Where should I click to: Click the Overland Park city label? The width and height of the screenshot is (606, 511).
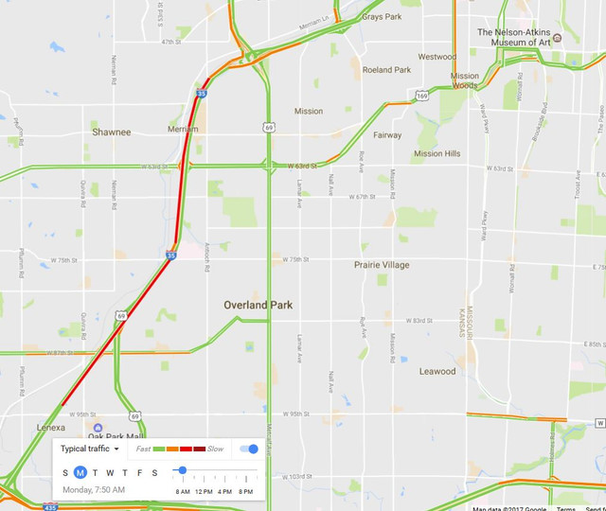tap(258, 306)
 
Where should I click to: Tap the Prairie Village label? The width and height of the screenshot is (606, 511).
tap(382, 265)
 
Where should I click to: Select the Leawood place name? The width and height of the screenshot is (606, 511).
tap(437, 372)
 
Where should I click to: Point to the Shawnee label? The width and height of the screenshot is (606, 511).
tap(111, 132)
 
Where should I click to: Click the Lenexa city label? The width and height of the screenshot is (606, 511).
tap(51, 428)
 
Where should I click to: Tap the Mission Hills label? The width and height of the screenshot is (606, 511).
tap(437, 153)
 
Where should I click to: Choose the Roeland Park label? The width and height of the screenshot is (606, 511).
tap(386, 70)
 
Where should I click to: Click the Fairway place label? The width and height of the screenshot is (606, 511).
tap(387, 135)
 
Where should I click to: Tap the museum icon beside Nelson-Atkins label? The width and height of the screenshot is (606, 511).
tap(557, 38)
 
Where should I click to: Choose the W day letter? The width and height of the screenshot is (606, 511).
tap(110, 472)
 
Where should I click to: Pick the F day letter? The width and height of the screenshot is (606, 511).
tap(139, 472)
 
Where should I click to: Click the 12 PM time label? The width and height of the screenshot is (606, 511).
tap(204, 492)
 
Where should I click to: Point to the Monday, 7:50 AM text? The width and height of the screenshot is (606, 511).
tap(94, 490)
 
